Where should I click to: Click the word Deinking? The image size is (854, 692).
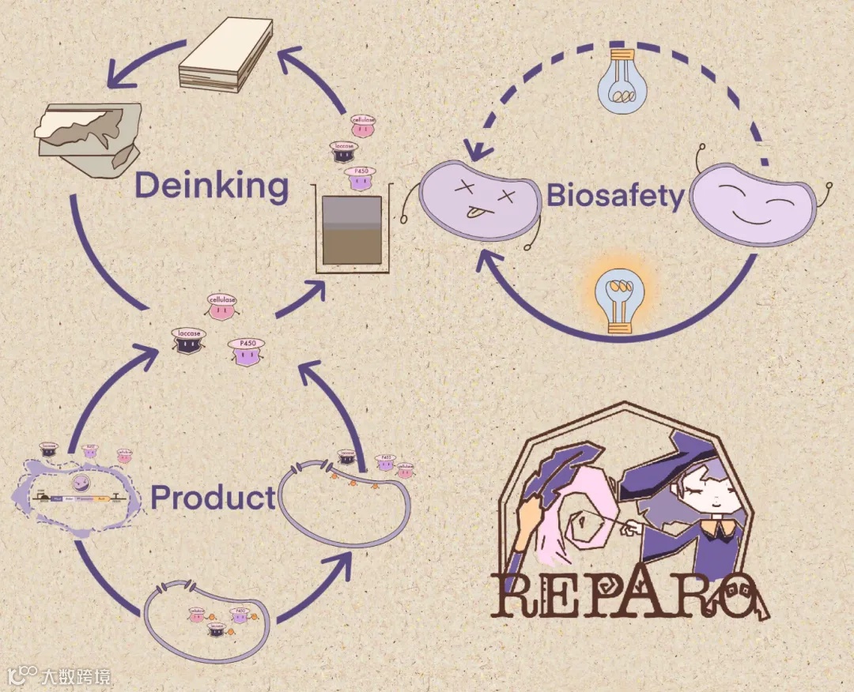coord(211,186)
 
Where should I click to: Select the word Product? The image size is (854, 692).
coord(213,498)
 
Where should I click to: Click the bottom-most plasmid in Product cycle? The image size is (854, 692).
coord(206,621)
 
